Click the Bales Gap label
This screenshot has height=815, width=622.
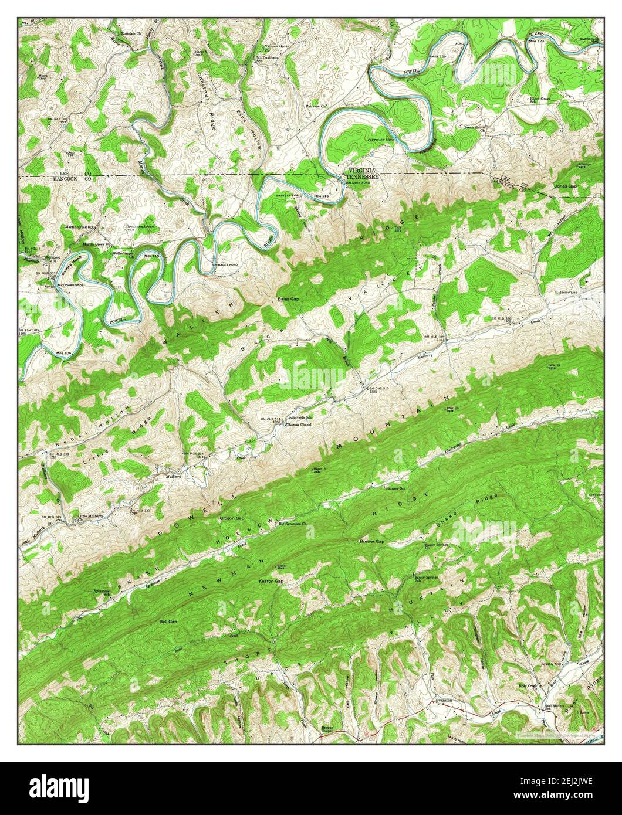(288, 299)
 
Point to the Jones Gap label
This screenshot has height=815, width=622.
(566, 186)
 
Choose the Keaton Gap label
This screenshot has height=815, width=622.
(271, 581)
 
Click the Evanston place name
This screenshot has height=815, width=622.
(443, 700)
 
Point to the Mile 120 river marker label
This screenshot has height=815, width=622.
(439, 56)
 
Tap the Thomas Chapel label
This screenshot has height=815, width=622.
(296, 425)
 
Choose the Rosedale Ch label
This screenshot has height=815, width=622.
(131, 33)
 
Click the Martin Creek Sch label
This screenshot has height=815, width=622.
(80, 226)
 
